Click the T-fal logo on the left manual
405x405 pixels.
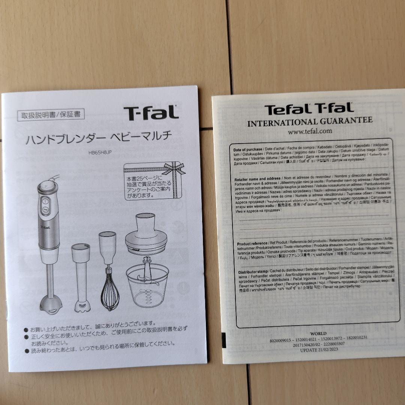(x=151, y=113)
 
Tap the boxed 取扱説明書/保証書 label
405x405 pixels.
(x=51, y=114)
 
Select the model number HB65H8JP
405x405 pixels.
(x=100, y=152)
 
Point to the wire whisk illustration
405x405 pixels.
(x=109, y=292)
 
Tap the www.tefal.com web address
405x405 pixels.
(x=310, y=131)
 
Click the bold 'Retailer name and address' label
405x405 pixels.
(x=257, y=178)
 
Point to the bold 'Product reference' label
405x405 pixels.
(x=252, y=243)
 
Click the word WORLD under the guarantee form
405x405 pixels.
(x=318, y=333)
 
